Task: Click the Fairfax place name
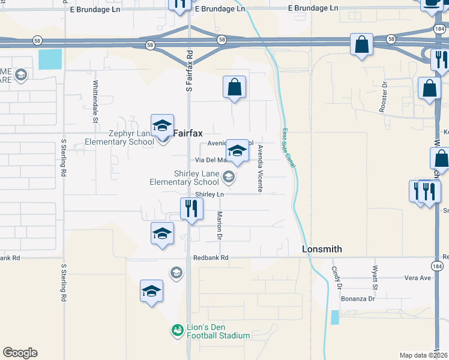pos(188,134)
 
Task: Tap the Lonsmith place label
pos(321,249)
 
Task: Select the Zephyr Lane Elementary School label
pos(123,138)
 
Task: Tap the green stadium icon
pos(176,330)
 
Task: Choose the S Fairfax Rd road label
pos(189,70)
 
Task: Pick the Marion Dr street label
pos(220,226)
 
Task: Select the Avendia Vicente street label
pos(260,168)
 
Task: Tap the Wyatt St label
pos(375,275)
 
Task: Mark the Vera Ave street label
pos(418,278)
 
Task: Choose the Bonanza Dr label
pos(358,298)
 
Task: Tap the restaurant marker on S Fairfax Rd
pos(190,209)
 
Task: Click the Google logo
pos(20,353)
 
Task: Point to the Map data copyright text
pos(424,355)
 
